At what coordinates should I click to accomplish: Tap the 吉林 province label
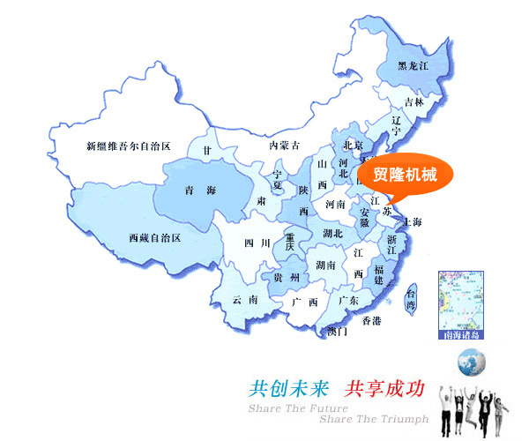point(414,102)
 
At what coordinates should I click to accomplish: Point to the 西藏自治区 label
point(154,238)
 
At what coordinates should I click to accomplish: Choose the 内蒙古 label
point(285,145)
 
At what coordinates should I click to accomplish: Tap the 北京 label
point(353,146)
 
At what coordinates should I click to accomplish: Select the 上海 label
point(410,221)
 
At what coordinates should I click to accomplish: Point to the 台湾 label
point(411,298)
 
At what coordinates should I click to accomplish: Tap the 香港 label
point(372,321)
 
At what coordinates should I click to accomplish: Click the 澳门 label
point(337,332)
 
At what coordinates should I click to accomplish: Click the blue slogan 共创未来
point(289,387)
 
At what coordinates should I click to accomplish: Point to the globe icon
point(471,361)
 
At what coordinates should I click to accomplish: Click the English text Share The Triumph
point(374,419)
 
